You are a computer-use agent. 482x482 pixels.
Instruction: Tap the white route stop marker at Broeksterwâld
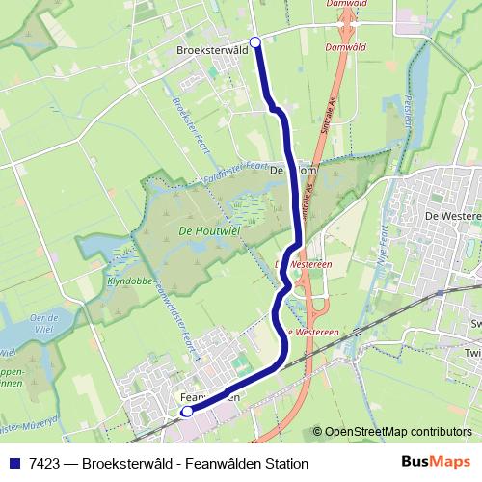pos(255,41)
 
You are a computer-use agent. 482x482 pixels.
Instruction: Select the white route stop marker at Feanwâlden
pos(187,412)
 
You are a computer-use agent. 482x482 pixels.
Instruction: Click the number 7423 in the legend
pos(41,464)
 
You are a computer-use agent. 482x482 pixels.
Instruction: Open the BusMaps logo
pos(436,463)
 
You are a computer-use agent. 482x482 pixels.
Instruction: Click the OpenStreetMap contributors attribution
pos(398,432)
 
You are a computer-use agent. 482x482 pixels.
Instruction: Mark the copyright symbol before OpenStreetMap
pos(318,432)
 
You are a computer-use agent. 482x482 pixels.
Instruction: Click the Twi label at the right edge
pos(472,354)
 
